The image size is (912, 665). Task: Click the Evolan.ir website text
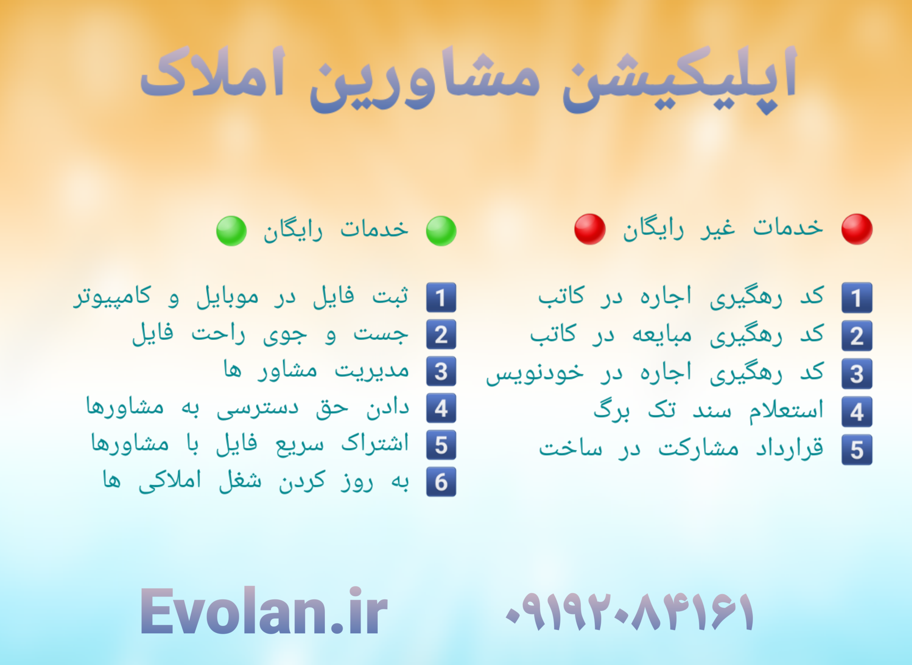264,612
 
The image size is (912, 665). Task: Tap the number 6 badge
441,482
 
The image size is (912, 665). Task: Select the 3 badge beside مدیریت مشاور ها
441,371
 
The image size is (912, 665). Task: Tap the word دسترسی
258,408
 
